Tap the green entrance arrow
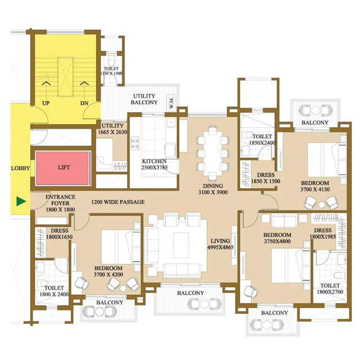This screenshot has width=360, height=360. [x=21, y=201]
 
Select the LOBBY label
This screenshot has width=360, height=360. [x=21, y=168]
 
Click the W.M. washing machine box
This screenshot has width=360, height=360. [x=171, y=103]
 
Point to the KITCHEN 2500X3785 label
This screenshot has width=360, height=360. [x=154, y=165]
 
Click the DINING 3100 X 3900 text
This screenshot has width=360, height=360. [x=213, y=189]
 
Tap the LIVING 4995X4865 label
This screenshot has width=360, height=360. [x=220, y=244]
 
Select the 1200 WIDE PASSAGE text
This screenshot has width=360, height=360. [x=118, y=202]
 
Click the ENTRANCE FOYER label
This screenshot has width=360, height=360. [x=60, y=200]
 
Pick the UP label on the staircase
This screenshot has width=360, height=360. [x=46, y=103]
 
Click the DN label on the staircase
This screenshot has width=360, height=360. [x=84, y=103]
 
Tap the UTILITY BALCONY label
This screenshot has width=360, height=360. [x=144, y=99]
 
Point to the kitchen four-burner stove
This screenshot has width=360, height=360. [x=135, y=144]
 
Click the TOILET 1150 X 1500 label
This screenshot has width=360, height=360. [x=111, y=71]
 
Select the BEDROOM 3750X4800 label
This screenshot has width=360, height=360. [x=277, y=238]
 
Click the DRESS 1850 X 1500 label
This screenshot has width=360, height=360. [x=266, y=178]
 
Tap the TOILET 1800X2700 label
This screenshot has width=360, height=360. [x=330, y=289]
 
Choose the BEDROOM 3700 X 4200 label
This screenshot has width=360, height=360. [x=108, y=271]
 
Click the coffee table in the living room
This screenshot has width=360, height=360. [x=181, y=245]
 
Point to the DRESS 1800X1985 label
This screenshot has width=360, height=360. [x=323, y=234]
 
